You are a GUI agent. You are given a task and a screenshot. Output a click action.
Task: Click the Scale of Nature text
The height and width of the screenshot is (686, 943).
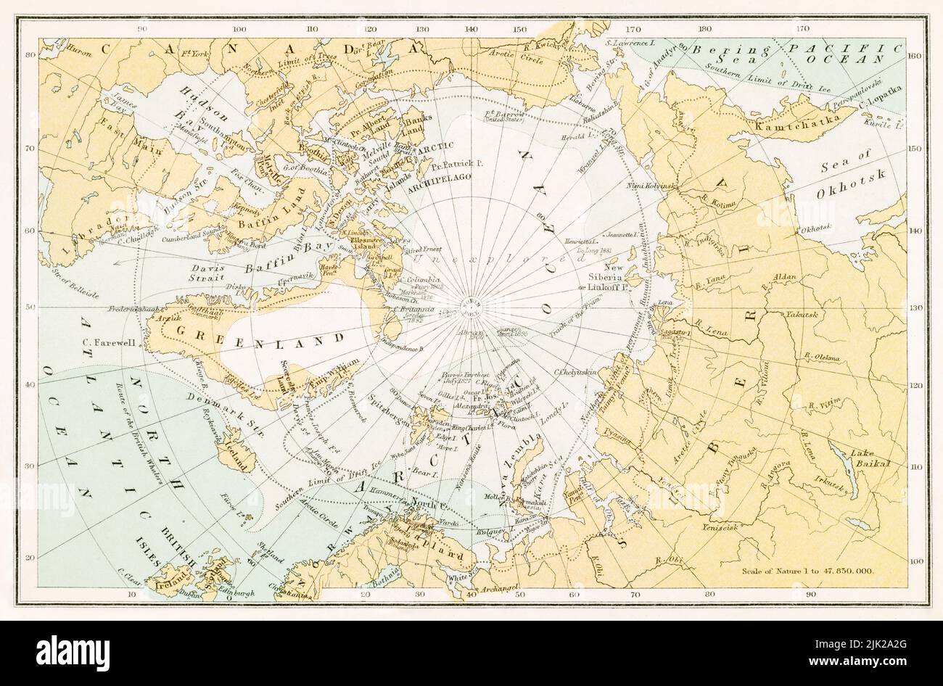[808, 569]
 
